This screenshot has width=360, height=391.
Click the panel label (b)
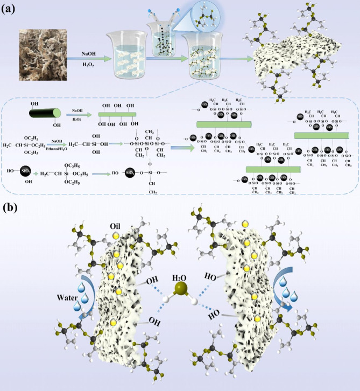pos(11,206)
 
